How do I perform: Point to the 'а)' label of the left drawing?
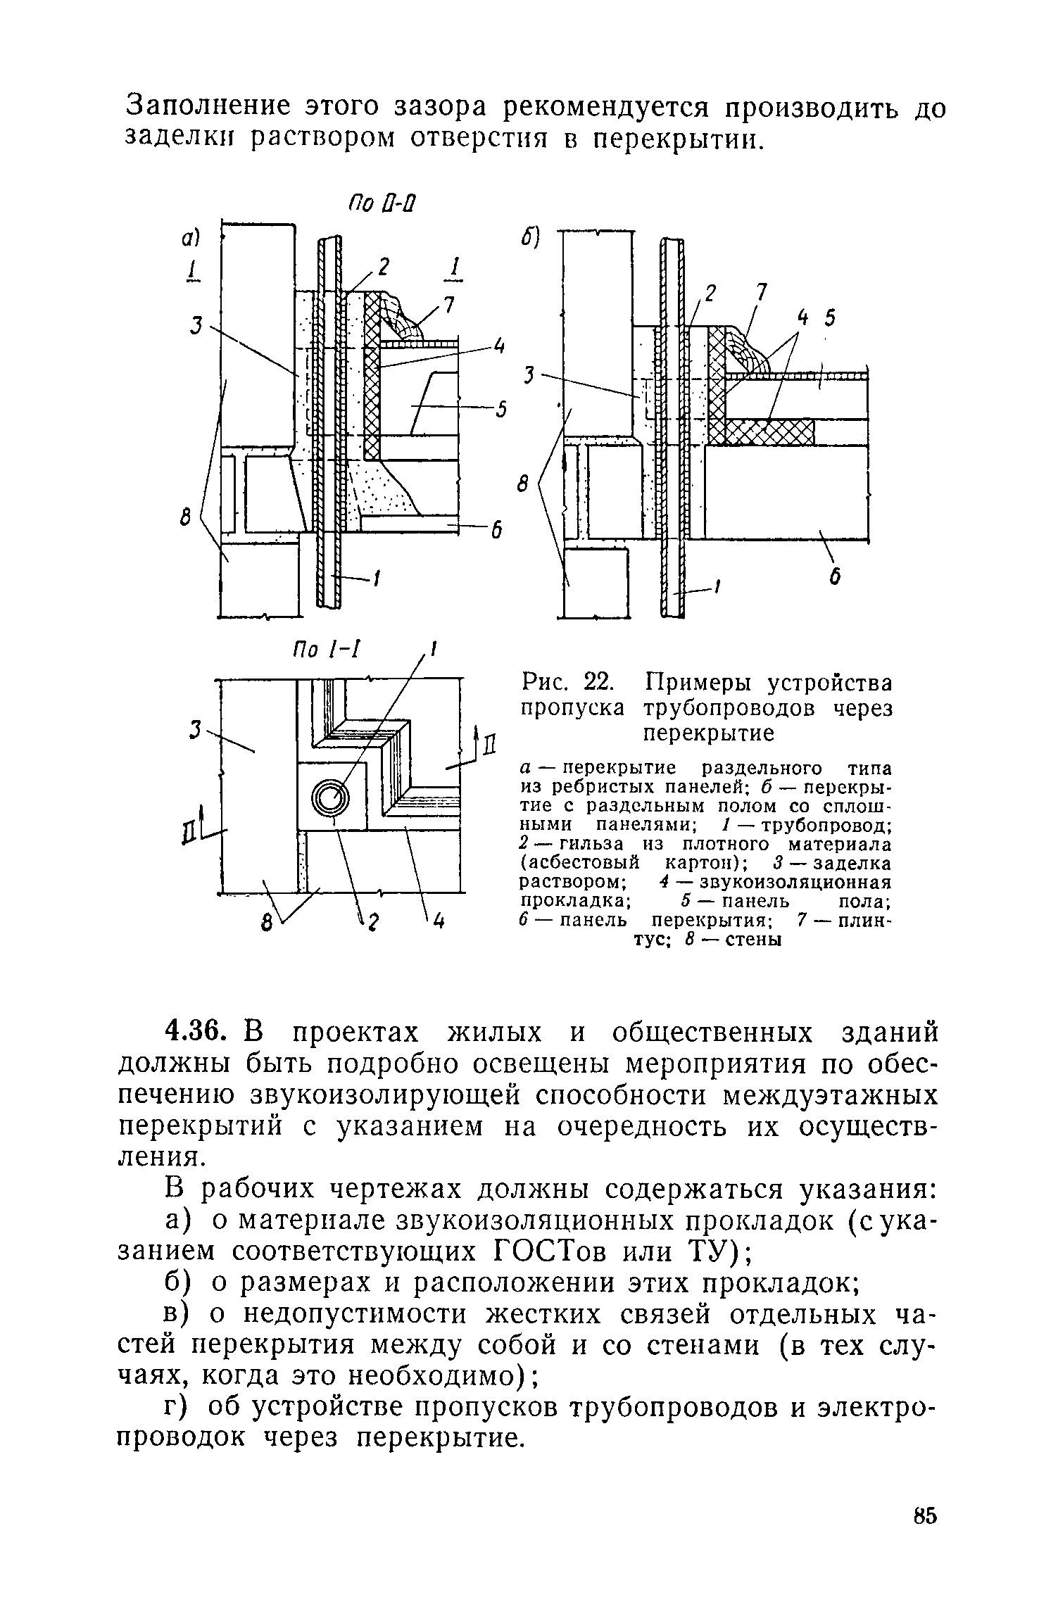189,239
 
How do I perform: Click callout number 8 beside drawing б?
523,485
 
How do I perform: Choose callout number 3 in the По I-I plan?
195,732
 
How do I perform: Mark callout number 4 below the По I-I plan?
438,921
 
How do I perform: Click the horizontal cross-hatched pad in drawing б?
770,431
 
